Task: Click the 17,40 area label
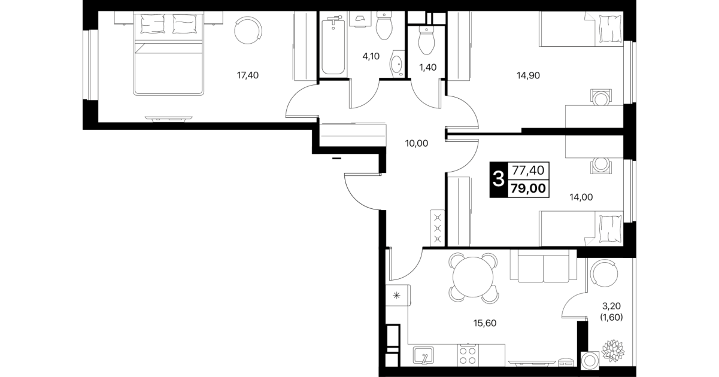coord(247,75)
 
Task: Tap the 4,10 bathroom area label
coord(371,56)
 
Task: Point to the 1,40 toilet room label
coord(428,68)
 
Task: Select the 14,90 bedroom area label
coord(528,75)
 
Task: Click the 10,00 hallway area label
coord(416,144)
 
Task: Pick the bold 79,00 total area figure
coord(528,188)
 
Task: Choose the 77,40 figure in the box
coord(528,171)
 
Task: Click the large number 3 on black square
coord(498,179)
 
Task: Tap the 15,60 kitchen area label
coord(485,323)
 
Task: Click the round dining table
coord(473,278)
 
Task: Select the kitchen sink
coord(423,355)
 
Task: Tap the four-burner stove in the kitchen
coord(468,355)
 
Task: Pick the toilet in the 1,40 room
coord(426,41)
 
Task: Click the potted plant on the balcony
coord(613,351)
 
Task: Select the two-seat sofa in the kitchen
coord(544,266)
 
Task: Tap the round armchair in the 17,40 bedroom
coord(248,31)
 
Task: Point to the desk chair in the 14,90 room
coord(600,98)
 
